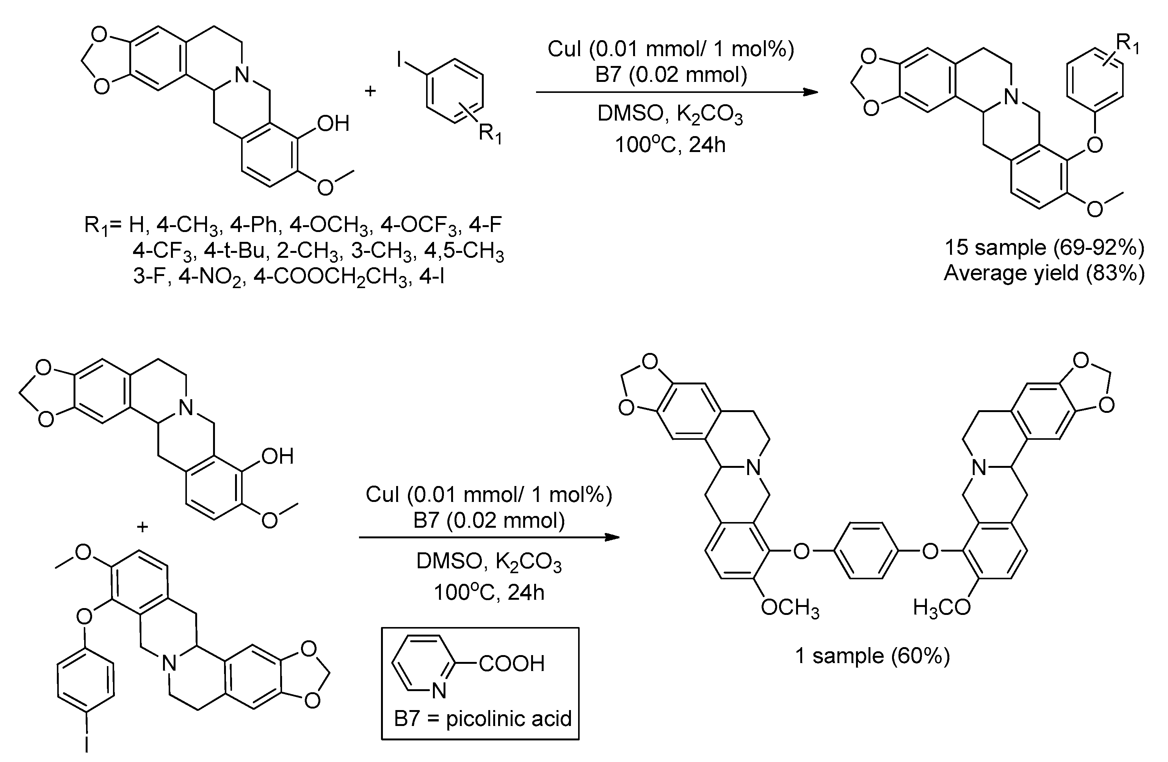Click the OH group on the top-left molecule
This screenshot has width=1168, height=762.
pyautogui.click(x=333, y=124)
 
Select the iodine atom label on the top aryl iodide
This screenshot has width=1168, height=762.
pyautogui.click(x=400, y=61)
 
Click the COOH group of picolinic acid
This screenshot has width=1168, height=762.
pyautogui.click(x=511, y=664)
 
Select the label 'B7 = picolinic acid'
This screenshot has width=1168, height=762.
pyautogui.click(x=483, y=719)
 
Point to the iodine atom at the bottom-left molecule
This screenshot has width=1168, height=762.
pyautogui.click(x=86, y=743)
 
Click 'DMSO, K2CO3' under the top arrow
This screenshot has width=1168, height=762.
pyautogui.click(x=669, y=114)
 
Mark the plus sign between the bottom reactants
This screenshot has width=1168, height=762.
pyautogui.click(x=142, y=527)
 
